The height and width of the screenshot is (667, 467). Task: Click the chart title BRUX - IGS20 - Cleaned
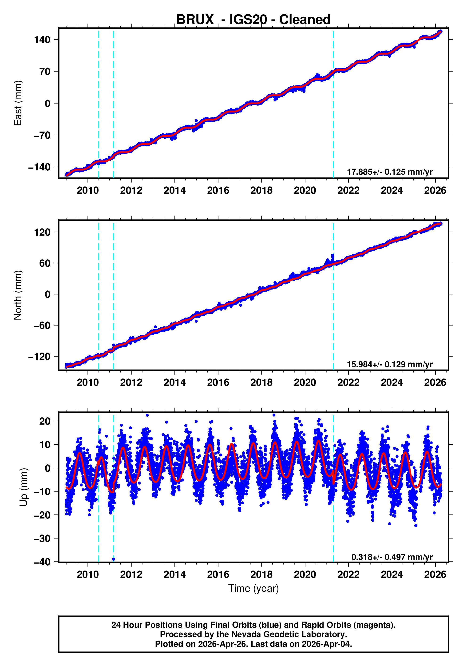click(253, 20)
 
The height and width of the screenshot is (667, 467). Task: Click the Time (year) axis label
click(253, 588)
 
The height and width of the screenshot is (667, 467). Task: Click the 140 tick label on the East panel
click(42, 40)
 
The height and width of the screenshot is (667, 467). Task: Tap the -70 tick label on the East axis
click(42, 135)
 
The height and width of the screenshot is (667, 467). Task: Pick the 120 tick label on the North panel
click(42, 232)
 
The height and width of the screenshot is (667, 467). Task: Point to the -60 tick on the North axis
click(42, 325)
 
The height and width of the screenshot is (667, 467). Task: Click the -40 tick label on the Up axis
click(42, 562)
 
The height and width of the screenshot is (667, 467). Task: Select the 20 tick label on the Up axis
click(45, 421)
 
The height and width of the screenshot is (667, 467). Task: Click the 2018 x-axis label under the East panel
click(261, 191)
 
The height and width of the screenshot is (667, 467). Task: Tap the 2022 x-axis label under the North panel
click(348, 382)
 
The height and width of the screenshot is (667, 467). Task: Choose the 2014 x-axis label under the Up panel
click(174, 574)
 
